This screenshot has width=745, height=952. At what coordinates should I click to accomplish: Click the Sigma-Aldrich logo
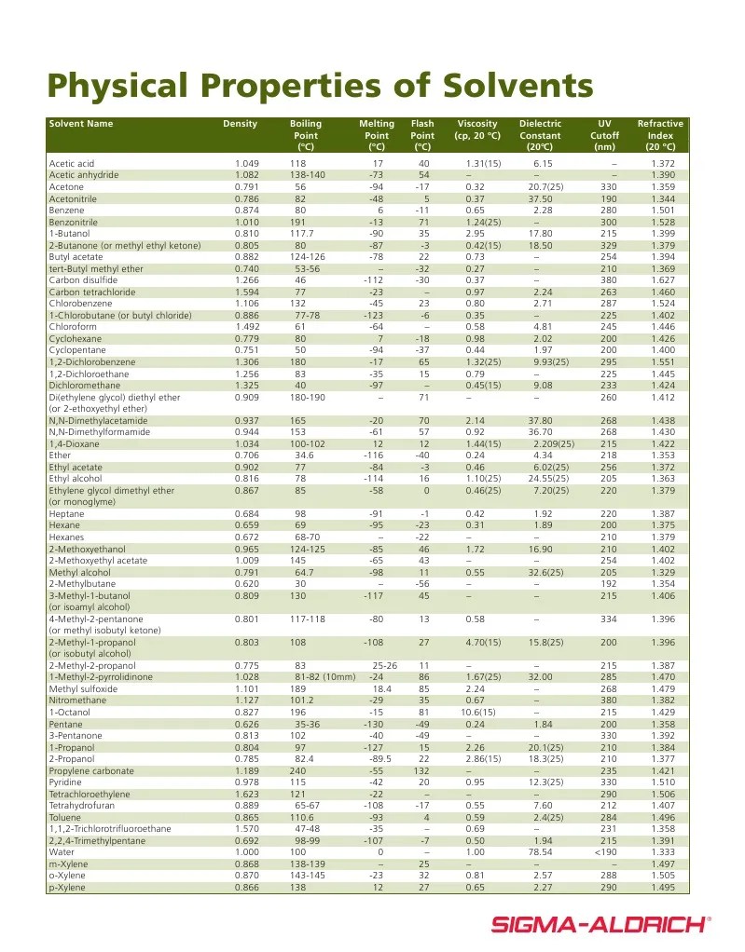click(x=600, y=924)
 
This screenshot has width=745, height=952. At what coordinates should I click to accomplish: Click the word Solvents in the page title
click(x=505, y=86)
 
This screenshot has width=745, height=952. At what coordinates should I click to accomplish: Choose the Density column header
click(x=240, y=124)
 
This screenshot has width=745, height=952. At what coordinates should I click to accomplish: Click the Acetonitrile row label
click(x=77, y=198)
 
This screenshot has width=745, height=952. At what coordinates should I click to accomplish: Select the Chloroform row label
click(x=73, y=327)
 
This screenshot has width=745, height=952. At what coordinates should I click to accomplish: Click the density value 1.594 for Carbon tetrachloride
click(x=247, y=292)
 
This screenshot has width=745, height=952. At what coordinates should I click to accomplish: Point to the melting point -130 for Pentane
click(x=372, y=724)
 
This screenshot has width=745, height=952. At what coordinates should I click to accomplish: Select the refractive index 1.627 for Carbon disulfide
click(x=663, y=280)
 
